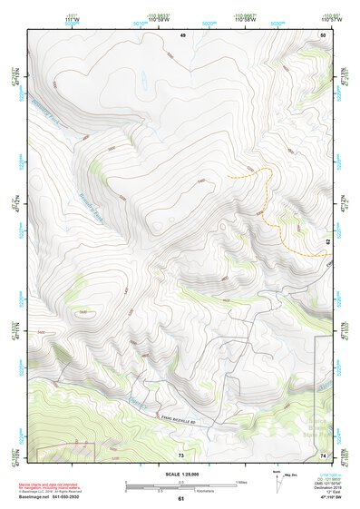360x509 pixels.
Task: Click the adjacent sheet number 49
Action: click(x=182, y=34)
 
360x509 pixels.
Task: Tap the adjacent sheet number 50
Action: click(x=322, y=34)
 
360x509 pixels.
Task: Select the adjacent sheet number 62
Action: click(x=328, y=241)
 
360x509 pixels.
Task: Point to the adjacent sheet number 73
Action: click(x=181, y=454)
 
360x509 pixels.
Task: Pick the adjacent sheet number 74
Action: click(x=322, y=454)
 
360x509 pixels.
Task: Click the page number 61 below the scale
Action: click(x=180, y=498)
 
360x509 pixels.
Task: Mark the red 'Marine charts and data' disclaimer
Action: click(x=54, y=476)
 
